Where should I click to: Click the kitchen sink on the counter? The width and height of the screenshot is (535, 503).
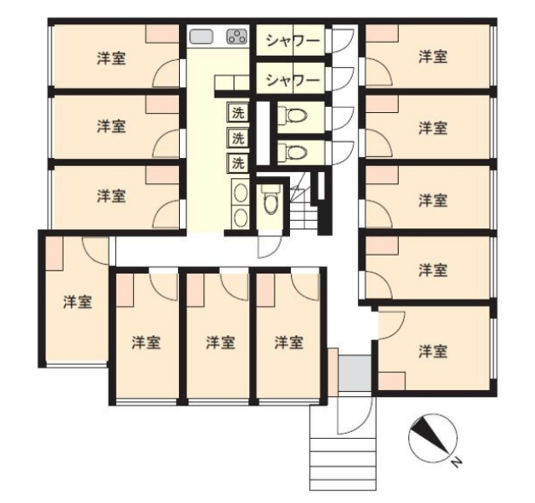point(201,37)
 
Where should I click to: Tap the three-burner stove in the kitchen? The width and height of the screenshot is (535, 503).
point(237,37)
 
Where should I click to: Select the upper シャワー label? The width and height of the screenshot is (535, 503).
point(293,41)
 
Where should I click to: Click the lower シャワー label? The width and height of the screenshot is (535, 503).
point(293,80)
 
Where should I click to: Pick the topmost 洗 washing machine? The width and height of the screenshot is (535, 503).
point(237,112)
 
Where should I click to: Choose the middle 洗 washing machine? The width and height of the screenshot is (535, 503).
point(237,138)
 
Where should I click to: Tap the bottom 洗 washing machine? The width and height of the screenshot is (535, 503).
point(237,163)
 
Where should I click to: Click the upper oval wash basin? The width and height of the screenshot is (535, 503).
point(240,193)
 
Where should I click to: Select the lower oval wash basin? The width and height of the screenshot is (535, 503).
point(240,217)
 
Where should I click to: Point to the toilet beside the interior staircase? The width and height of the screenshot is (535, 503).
point(271,200)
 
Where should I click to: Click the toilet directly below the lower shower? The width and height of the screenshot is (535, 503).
point(293,115)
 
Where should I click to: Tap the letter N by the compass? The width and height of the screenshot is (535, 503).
point(456,462)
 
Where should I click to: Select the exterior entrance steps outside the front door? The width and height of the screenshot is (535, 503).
point(344,464)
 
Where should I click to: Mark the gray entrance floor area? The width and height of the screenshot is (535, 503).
point(354,373)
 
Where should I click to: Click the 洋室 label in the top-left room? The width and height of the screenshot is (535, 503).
point(111,58)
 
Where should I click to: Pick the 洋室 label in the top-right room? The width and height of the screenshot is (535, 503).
point(433,56)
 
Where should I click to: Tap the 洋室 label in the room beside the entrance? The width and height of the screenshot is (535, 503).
point(433,352)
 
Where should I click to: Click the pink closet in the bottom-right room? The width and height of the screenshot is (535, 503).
point(392,381)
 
